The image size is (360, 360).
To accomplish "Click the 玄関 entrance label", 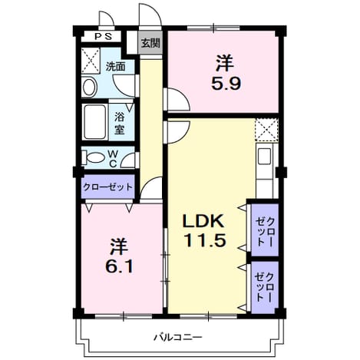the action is [x=150, y=44].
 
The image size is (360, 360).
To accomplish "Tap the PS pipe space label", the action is [x=104, y=37].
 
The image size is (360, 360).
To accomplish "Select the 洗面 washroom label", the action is [x=116, y=67].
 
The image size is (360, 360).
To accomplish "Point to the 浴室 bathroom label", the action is [x=120, y=124].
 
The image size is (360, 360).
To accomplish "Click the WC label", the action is [x=113, y=159].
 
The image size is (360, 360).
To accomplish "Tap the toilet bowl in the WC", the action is [x=94, y=157].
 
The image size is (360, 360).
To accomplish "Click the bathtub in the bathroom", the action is [x=95, y=122].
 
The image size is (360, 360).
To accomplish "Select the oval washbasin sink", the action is [x=88, y=88].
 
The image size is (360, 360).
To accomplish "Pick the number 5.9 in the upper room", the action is [x=226, y=83].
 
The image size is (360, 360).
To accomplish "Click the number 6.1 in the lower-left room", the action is [x=119, y=266].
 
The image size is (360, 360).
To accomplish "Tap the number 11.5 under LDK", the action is [x=205, y=240].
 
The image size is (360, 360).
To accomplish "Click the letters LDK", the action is [x=203, y=222].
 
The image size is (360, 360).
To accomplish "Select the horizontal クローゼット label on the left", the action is [x=108, y=187].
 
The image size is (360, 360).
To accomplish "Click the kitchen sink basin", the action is [x=264, y=156].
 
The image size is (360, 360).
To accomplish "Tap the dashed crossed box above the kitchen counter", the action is [x=266, y=130].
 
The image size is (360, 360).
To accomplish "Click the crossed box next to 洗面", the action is [x=91, y=61].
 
